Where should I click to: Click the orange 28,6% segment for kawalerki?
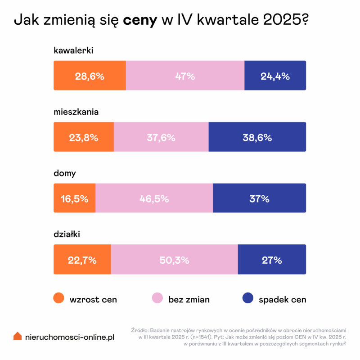[x=90, y=76]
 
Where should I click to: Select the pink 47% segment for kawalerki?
[x=185, y=76]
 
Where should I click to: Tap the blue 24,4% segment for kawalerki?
[x=275, y=76]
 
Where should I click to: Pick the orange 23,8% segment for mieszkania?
[x=84, y=137]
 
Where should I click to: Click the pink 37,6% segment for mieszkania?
[x=161, y=137]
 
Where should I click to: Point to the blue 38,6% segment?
[x=257, y=137]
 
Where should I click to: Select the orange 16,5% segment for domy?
[x=75, y=198]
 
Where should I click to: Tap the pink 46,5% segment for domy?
[x=154, y=198]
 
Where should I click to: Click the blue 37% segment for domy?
[x=259, y=198]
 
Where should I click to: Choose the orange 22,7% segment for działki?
[x=82, y=260]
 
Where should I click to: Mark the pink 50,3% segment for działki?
[x=174, y=260]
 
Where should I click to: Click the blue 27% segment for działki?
[x=272, y=260]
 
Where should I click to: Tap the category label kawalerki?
[x=73, y=51]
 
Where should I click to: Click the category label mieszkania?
[x=76, y=112]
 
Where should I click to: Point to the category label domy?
[x=65, y=173]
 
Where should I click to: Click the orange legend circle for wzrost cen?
[x=58, y=299]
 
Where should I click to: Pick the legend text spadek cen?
[x=282, y=300]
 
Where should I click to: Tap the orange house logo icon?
[x=18, y=336]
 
